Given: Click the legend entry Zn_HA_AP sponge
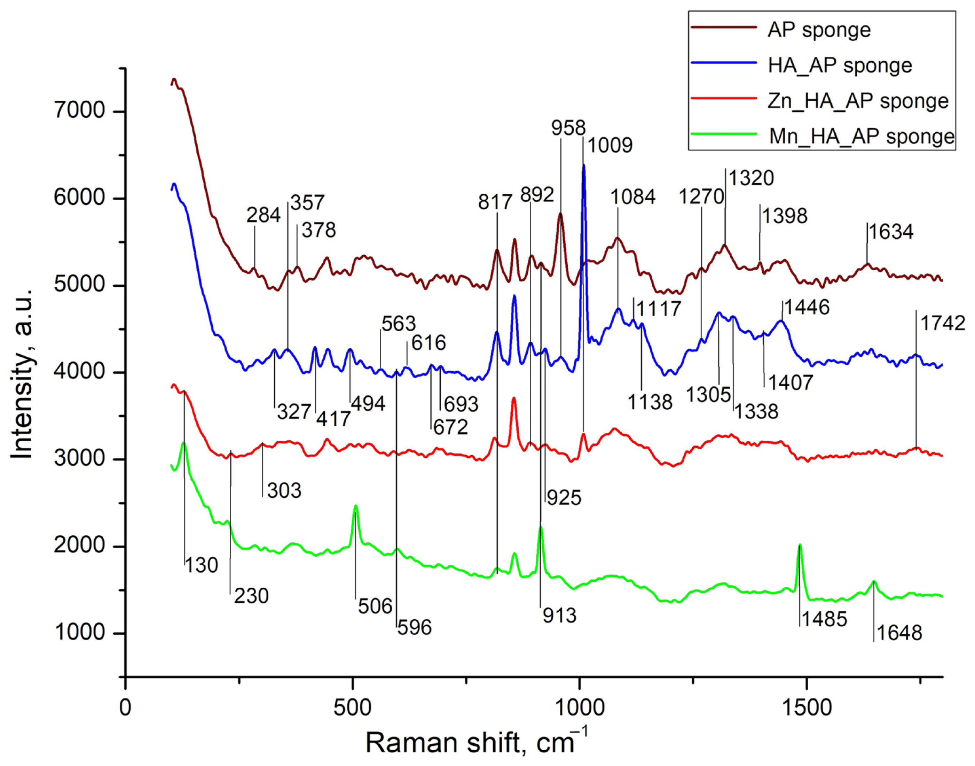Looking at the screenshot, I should [858, 101].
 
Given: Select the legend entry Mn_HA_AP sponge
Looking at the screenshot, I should [861, 136].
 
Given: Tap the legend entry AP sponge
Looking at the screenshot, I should [819, 30].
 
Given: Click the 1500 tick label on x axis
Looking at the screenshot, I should [806, 708].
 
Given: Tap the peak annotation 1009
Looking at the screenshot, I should [610, 145].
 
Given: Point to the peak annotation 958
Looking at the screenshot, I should [568, 128].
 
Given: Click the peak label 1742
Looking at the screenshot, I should [942, 323].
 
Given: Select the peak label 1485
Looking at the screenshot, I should [824, 619].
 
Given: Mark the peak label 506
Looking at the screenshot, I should [375, 606].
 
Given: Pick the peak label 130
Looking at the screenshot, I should [201, 566].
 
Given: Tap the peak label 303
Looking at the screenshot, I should [284, 490].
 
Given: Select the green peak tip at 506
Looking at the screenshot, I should [355, 506].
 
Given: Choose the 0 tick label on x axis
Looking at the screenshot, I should [126, 708].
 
